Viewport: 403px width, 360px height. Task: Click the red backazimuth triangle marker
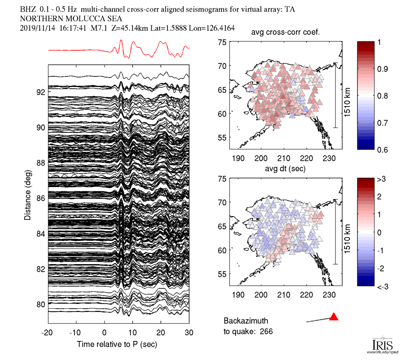coord(334,317)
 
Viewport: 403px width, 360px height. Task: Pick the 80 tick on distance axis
coord(40,304)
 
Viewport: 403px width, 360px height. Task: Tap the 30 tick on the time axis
coord(189,333)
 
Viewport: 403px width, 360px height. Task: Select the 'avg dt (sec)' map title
coord(286,168)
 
